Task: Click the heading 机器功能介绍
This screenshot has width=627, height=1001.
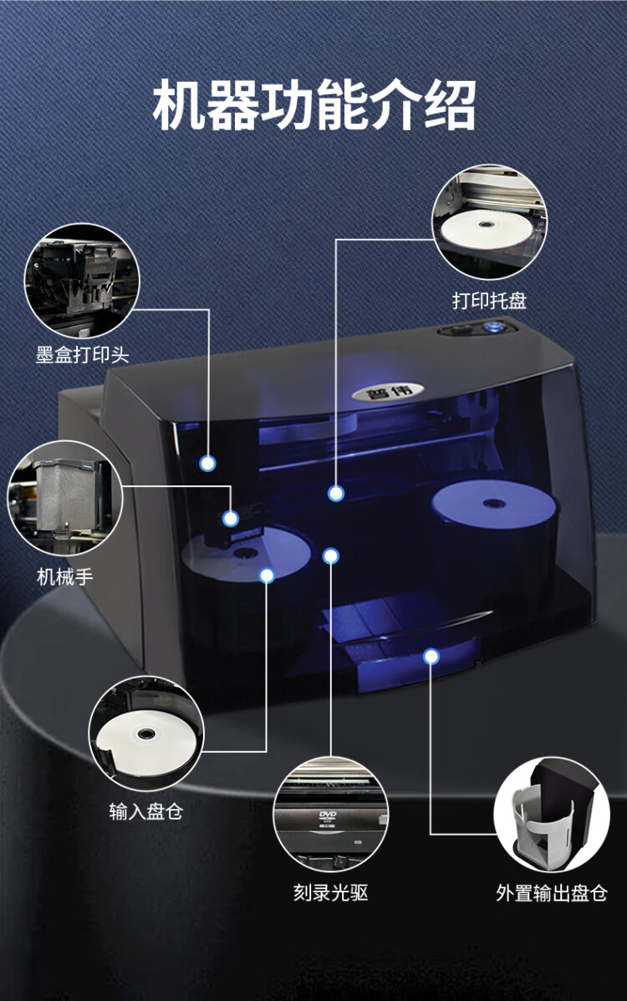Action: point(314,105)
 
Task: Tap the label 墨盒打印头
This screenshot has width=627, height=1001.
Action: point(82,354)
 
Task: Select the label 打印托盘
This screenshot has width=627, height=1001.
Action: point(489,300)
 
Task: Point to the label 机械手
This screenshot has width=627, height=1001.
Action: point(64,577)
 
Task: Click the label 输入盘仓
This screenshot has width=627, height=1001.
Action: point(145,810)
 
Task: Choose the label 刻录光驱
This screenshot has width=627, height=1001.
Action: point(330,892)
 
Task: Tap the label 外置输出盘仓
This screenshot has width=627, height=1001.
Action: point(551,892)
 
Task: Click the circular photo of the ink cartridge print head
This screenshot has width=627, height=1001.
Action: point(82,280)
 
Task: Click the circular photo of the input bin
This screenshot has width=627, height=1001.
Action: point(145,733)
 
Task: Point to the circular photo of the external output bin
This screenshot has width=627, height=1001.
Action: point(552,814)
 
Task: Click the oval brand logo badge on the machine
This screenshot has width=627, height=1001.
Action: point(388,391)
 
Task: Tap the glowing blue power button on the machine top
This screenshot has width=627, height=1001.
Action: point(492,328)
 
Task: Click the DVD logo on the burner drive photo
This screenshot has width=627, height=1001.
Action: point(328,816)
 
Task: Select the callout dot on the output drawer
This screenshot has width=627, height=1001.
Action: point(431,656)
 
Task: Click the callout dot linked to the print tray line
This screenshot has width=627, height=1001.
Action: point(336,493)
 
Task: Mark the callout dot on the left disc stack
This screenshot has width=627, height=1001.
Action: point(267,575)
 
